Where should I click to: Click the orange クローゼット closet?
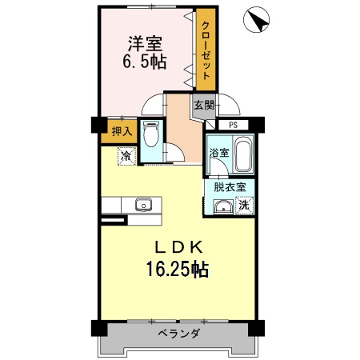point(206,50)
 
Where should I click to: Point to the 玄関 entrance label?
point(203,105)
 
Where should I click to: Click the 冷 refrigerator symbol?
point(126,156)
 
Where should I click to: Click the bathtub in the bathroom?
point(243,154)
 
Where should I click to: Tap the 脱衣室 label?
point(229,186)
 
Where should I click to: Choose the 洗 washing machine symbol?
point(245,206)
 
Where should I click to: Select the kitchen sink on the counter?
point(143,203)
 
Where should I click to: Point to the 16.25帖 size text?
point(177,270)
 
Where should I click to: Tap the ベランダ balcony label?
point(178,333)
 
